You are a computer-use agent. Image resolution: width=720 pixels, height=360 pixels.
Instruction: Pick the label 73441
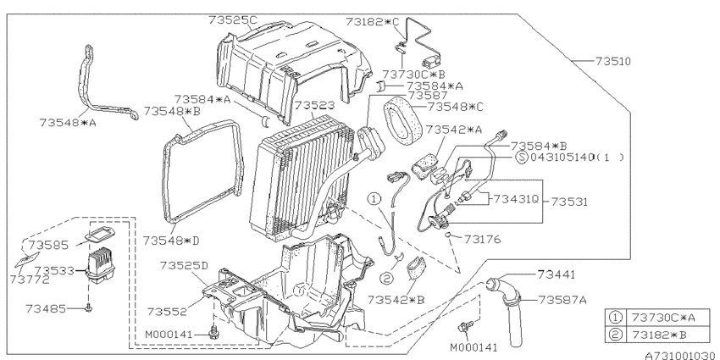[x=556, y=274]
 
